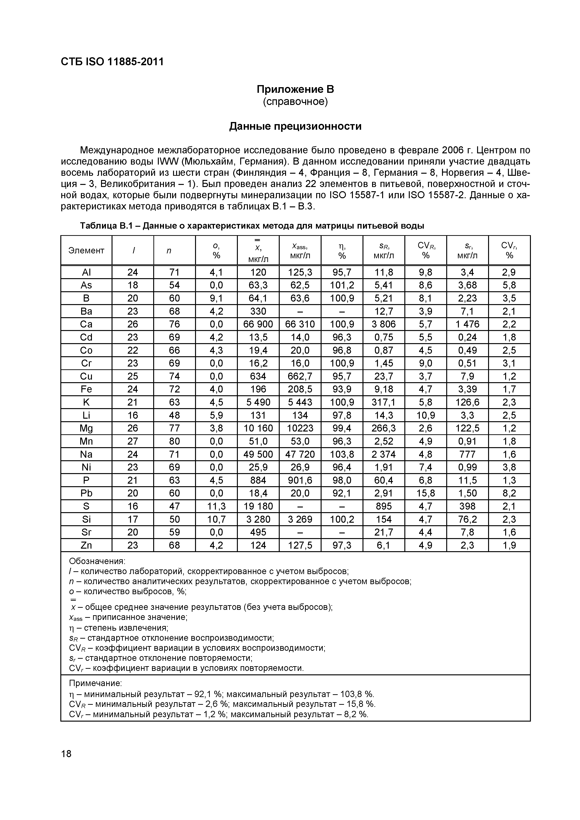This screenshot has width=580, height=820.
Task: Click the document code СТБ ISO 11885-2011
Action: point(112,62)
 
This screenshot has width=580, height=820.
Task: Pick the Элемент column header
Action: point(86,250)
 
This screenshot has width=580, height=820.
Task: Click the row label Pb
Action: point(86,493)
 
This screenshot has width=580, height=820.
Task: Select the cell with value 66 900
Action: point(258,324)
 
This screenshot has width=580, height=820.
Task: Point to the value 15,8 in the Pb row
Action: point(425,493)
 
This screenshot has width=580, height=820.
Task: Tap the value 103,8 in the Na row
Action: point(342,454)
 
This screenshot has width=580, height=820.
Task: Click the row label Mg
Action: point(86,428)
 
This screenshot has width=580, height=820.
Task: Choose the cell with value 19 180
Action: point(258,506)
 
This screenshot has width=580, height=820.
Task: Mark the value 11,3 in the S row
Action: point(216,506)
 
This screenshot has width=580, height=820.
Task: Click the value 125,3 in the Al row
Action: point(300,273)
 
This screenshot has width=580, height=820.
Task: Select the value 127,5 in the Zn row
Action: point(300,545)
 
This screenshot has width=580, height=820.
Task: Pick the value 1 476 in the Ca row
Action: point(467,324)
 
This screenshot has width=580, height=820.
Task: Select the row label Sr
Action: point(86,532)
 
